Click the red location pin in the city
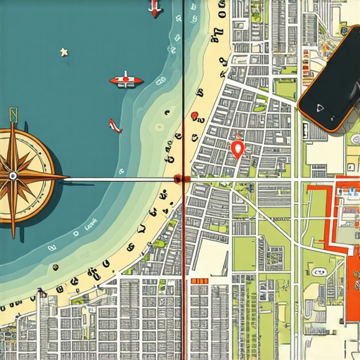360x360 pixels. coord(237,148)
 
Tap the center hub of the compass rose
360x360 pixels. coord(12,176)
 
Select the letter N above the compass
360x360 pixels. coord(12,115)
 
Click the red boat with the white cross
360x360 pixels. coord(126,80)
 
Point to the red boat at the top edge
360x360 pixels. coord(154,9)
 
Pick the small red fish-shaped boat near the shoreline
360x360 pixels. coord(115,126)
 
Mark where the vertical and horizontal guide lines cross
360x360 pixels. coord(183,179)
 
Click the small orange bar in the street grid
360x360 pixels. coord(199,281)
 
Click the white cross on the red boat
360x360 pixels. coord(126,78)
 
